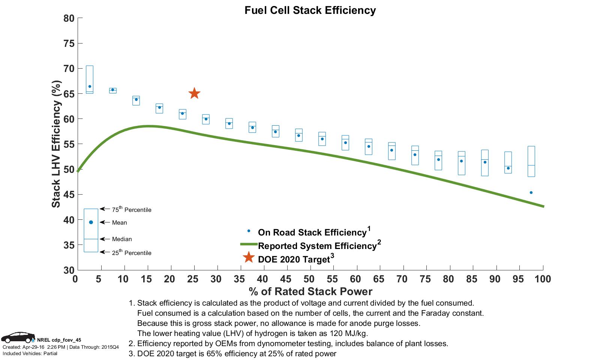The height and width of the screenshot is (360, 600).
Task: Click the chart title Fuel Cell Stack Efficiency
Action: pos(310,10)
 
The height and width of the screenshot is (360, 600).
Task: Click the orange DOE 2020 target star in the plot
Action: pos(194,93)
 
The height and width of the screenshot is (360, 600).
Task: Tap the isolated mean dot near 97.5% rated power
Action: pos(531,192)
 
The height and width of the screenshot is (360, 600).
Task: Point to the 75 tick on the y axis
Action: pos(70,43)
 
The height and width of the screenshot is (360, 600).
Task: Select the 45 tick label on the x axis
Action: pos(285,279)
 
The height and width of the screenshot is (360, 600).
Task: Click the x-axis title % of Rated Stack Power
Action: pos(310,291)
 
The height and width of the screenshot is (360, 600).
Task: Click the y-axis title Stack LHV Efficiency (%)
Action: pos(56,144)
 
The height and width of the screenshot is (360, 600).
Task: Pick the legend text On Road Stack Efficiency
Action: pos(312,232)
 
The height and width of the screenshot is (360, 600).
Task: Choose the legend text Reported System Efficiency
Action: pos(317,246)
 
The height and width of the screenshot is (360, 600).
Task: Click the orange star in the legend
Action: pos(249,257)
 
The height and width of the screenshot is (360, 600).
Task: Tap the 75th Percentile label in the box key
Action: pos(132,210)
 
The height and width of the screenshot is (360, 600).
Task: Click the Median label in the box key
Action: pos(122,239)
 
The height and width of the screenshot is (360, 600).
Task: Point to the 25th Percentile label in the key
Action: pos(132,253)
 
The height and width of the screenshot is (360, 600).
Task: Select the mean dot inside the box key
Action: pos(91,222)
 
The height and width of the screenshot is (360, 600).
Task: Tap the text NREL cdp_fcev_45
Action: pos(59,340)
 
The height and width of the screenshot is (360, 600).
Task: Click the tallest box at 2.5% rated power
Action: pos(90,79)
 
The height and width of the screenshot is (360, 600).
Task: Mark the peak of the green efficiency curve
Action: pos(149,126)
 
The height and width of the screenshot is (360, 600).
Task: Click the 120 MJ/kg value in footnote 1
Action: pos(349,333)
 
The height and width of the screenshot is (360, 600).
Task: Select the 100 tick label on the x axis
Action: pos(543,279)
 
